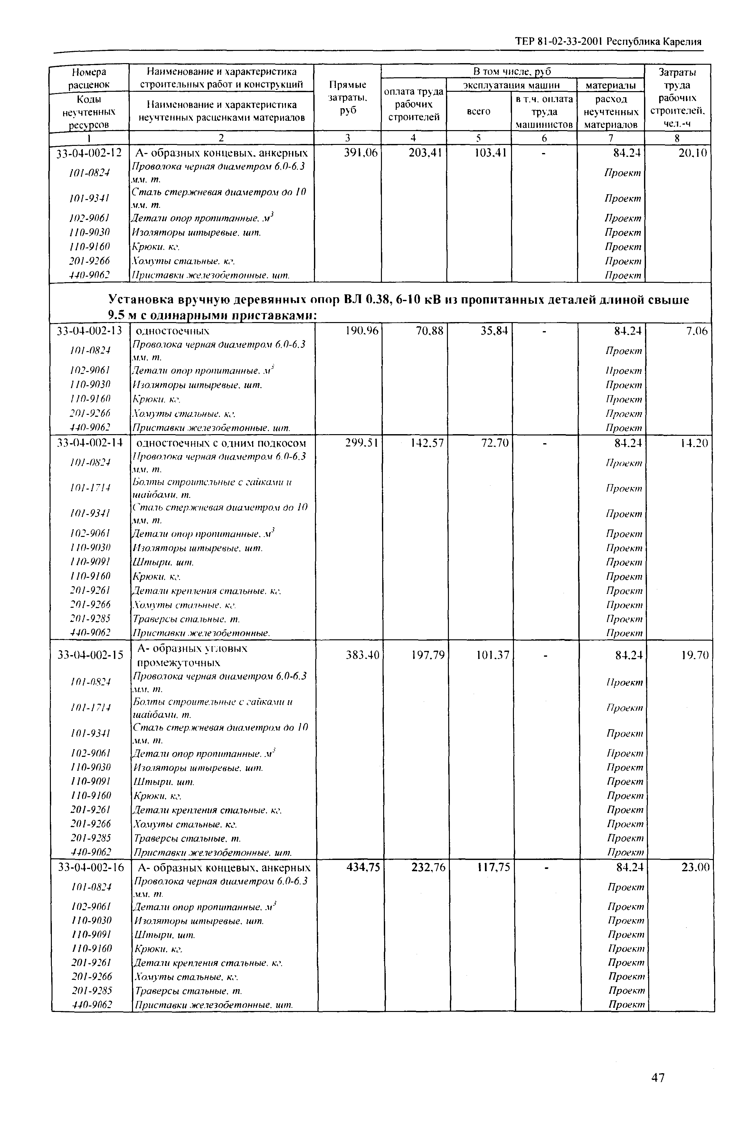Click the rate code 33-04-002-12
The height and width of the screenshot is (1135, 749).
tap(89, 153)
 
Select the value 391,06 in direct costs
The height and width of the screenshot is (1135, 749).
tap(361, 153)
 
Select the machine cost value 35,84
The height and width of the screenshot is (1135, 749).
tap(494, 330)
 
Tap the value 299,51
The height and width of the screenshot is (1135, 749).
tap(362, 443)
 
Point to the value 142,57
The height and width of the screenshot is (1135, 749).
tap(427, 443)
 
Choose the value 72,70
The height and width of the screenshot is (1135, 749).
tap(495, 443)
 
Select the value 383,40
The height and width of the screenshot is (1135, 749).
tap(362, 655)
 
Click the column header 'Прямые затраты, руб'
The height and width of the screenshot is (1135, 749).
tap(347, 98)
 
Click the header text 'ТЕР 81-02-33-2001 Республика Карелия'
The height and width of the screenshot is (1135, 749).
tap(608, 41)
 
